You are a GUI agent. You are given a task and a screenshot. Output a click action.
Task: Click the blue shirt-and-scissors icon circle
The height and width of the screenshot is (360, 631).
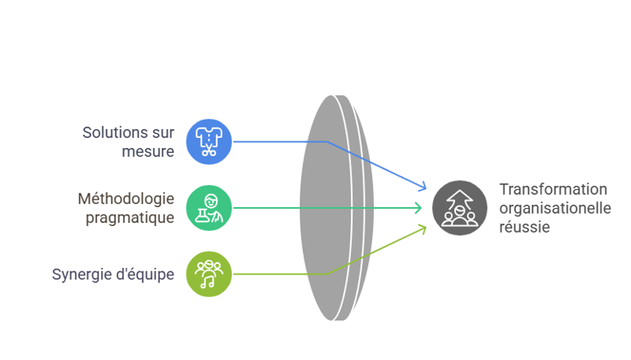pos(209,141)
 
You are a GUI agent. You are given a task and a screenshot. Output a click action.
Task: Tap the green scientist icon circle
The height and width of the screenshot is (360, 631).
pos(209,207)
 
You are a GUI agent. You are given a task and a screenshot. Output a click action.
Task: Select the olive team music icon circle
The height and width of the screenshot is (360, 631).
pos(209,274)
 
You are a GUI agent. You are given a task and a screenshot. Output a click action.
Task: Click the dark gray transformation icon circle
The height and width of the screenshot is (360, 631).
pos(459,207)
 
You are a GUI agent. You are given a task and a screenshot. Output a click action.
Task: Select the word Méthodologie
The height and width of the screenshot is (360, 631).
pos(126,199)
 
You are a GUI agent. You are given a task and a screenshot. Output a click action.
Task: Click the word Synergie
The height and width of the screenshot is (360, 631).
pos(81,275)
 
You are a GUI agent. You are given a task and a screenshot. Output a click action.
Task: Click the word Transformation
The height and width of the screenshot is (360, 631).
pos(553,189)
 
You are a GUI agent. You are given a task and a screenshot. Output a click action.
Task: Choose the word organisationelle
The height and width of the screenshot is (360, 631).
pos(555,208)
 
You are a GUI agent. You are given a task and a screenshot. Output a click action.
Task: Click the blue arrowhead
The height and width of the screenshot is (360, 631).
pos(421,186)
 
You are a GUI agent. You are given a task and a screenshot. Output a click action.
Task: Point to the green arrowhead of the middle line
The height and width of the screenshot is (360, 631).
pos(421,208)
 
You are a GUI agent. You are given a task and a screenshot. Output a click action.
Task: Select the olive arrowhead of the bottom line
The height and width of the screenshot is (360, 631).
pos(421,229)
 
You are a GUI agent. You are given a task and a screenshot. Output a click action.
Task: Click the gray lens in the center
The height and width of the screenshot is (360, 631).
pos(329,207)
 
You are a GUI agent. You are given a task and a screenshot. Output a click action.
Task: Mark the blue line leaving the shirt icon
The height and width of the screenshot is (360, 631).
pos(279,141)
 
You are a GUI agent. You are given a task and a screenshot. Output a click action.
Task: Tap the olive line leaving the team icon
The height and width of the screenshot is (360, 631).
pos(279,274)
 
